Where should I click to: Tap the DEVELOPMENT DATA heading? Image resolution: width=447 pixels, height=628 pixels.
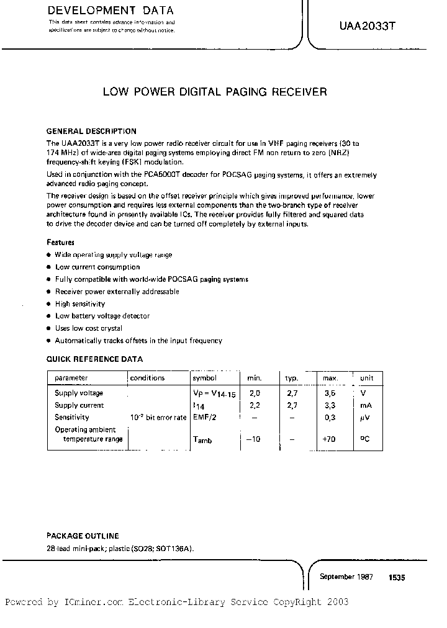(111, 11)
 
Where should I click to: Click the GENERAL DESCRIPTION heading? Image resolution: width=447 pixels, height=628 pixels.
(91, 131)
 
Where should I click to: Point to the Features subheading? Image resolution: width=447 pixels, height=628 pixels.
(61, 243)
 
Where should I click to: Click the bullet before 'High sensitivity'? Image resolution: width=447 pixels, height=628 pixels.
(49, 304)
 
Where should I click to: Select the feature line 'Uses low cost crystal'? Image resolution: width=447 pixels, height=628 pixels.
(88, 328)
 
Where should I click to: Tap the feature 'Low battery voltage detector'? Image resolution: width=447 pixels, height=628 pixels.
(102, 316)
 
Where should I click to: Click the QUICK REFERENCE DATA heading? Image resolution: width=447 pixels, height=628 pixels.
(95, 359)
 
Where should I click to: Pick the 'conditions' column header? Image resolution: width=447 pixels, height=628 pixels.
(148, 378)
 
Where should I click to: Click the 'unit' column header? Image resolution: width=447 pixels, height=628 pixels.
(367, 378)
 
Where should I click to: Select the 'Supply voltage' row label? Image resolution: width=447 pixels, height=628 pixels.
(79, 393)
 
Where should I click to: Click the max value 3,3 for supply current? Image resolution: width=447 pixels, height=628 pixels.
(329, 405)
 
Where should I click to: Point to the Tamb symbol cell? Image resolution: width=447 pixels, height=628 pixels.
(202, 439)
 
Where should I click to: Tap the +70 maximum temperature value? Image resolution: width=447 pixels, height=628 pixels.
(329, 439)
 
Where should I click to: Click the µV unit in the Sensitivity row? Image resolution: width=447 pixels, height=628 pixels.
(366, 418)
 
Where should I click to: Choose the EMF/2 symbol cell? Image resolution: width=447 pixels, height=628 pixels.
(204, 418)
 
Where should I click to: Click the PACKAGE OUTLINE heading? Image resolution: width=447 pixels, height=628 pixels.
(83, 536)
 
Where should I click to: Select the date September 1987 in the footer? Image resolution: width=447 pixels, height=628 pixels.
(346, 576)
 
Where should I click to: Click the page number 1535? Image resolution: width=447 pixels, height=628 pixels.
(397, 577)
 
